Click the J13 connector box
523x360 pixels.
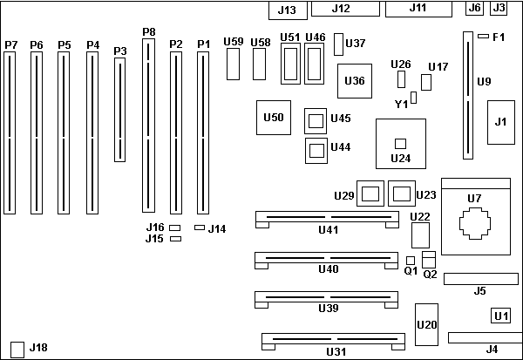pos(286,10)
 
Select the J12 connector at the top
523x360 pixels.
pos(341,9)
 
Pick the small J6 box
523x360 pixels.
pos(474,8)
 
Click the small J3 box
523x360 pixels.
pos(499,8)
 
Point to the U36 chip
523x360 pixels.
pos(354,80)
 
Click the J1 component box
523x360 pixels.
pos(499,121)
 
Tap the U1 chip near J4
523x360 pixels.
pos(500,316)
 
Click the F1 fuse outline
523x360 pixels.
pos(483,37)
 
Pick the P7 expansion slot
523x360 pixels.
pos(10,132)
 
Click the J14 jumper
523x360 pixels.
pos(199,228)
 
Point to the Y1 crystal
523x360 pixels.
pos(413,96)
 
